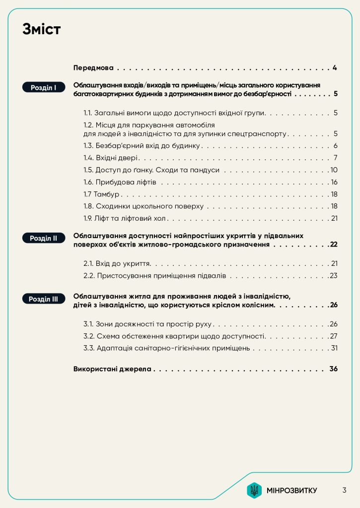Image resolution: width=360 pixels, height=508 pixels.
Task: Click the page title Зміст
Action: [41, 30]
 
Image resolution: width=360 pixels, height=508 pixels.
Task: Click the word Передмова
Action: [94, 67]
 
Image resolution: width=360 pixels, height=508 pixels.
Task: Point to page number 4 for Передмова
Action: [336, 67]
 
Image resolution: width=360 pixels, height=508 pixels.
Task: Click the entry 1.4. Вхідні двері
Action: [110, 158]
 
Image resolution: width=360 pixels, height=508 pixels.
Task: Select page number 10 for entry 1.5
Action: [334, 170]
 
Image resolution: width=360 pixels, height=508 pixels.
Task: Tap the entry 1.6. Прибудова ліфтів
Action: [120, 182]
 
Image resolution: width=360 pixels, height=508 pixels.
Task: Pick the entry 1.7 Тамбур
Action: [102, 194]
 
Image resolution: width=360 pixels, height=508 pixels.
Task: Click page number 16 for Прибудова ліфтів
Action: [334, 182]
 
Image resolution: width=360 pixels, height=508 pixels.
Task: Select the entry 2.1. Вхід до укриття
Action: [117, 263]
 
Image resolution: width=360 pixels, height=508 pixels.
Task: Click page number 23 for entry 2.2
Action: [334, 275]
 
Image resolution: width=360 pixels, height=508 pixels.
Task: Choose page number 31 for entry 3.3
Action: [334, 348]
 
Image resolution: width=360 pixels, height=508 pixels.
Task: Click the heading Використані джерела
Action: [112, 369]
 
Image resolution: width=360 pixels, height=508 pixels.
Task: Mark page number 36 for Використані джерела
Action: [333, 369]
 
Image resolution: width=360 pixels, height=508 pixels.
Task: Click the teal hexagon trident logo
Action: [254, 490]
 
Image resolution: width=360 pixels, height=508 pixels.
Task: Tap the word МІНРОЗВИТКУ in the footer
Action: [291, 491]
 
